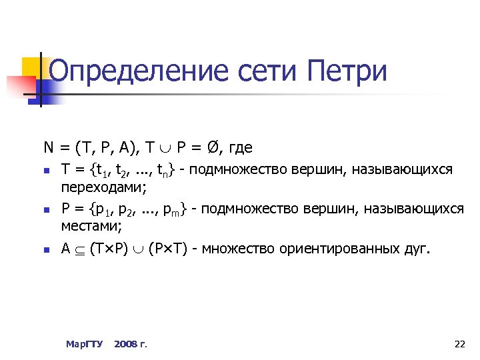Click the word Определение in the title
pyautogui.click(x=133, y=71)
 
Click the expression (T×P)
pyautogui.click(x=111, y=250)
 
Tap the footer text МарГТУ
pyautogui.click(x=84, y=344)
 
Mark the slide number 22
pyautogui.click(x=459, y=344)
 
